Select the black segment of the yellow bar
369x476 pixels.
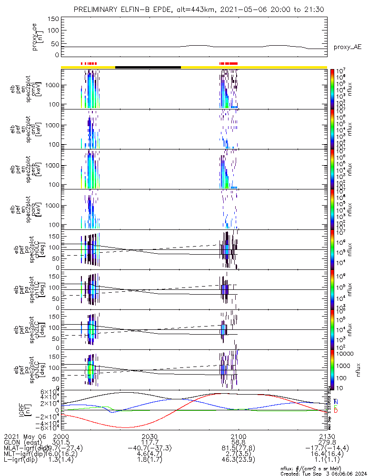click(x=148, y=67)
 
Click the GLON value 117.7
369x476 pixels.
click(x=150, y=442)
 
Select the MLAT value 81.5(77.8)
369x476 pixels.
click(x=238, y=448)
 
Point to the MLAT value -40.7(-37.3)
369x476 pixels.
click(x=150, y=448)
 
